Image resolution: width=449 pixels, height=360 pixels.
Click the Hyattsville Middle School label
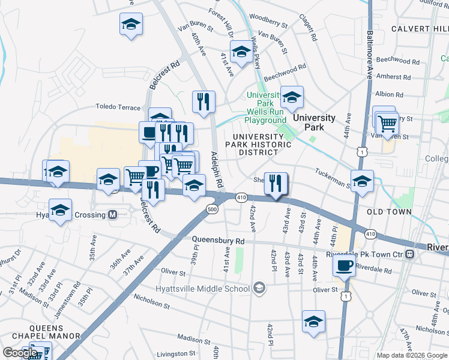(214, 289)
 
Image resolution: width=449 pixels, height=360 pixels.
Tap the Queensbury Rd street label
(218, 241)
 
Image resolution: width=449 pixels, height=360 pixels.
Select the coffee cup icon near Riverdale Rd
(344, 266)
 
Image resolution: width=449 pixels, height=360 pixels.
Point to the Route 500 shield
(212, 209)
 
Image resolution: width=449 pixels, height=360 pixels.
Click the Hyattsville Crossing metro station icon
(112, 215)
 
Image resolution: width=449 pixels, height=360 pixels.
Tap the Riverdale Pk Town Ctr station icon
(409, 254)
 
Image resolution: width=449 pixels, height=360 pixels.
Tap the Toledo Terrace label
(118, 107)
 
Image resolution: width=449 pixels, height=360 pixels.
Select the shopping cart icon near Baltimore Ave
(388, 124)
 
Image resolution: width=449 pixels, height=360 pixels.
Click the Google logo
(20, 353)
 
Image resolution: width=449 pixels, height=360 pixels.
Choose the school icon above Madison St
(313, 322)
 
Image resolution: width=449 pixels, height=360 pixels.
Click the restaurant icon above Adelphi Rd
(203, 101)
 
